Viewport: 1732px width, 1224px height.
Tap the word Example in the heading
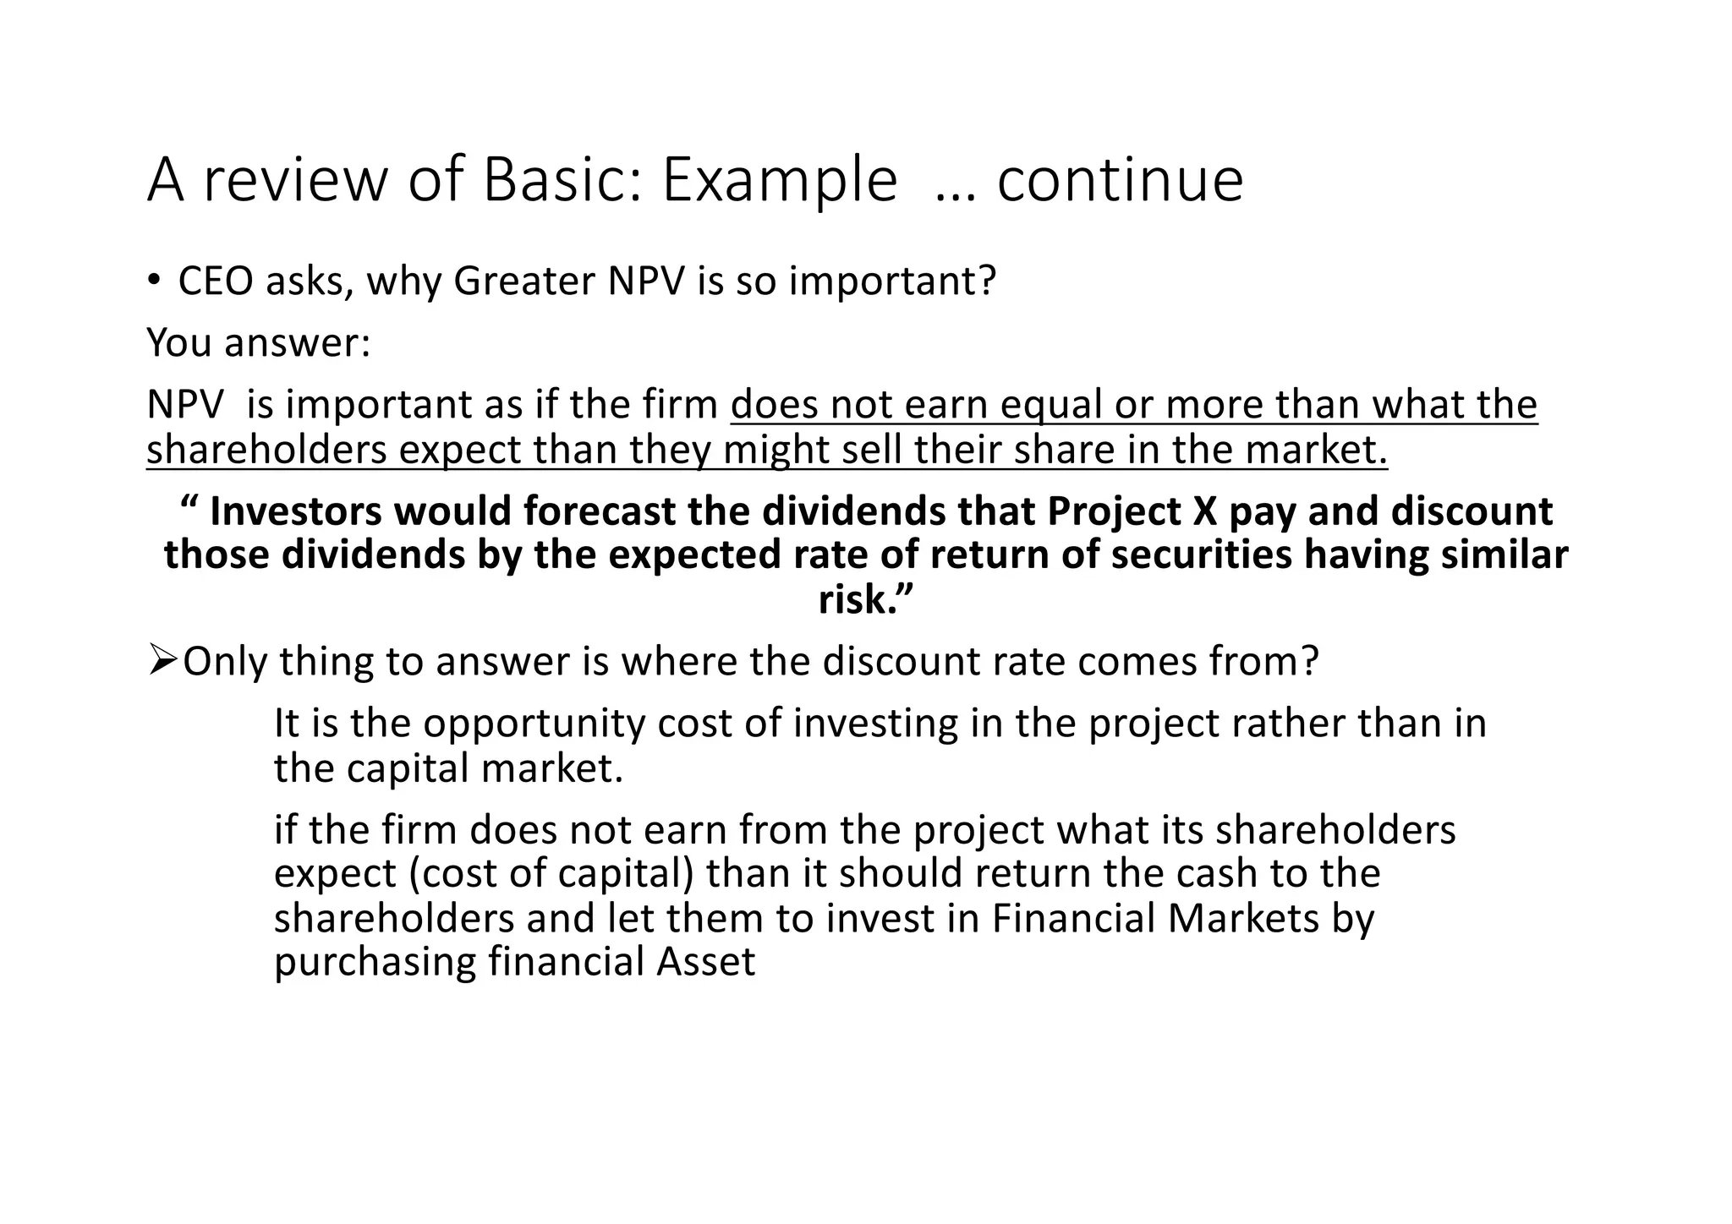point(779,180)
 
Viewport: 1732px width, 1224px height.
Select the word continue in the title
point(1120,180)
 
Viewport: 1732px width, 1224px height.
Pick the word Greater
point(524,281)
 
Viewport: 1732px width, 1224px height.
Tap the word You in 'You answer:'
point(175,342)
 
